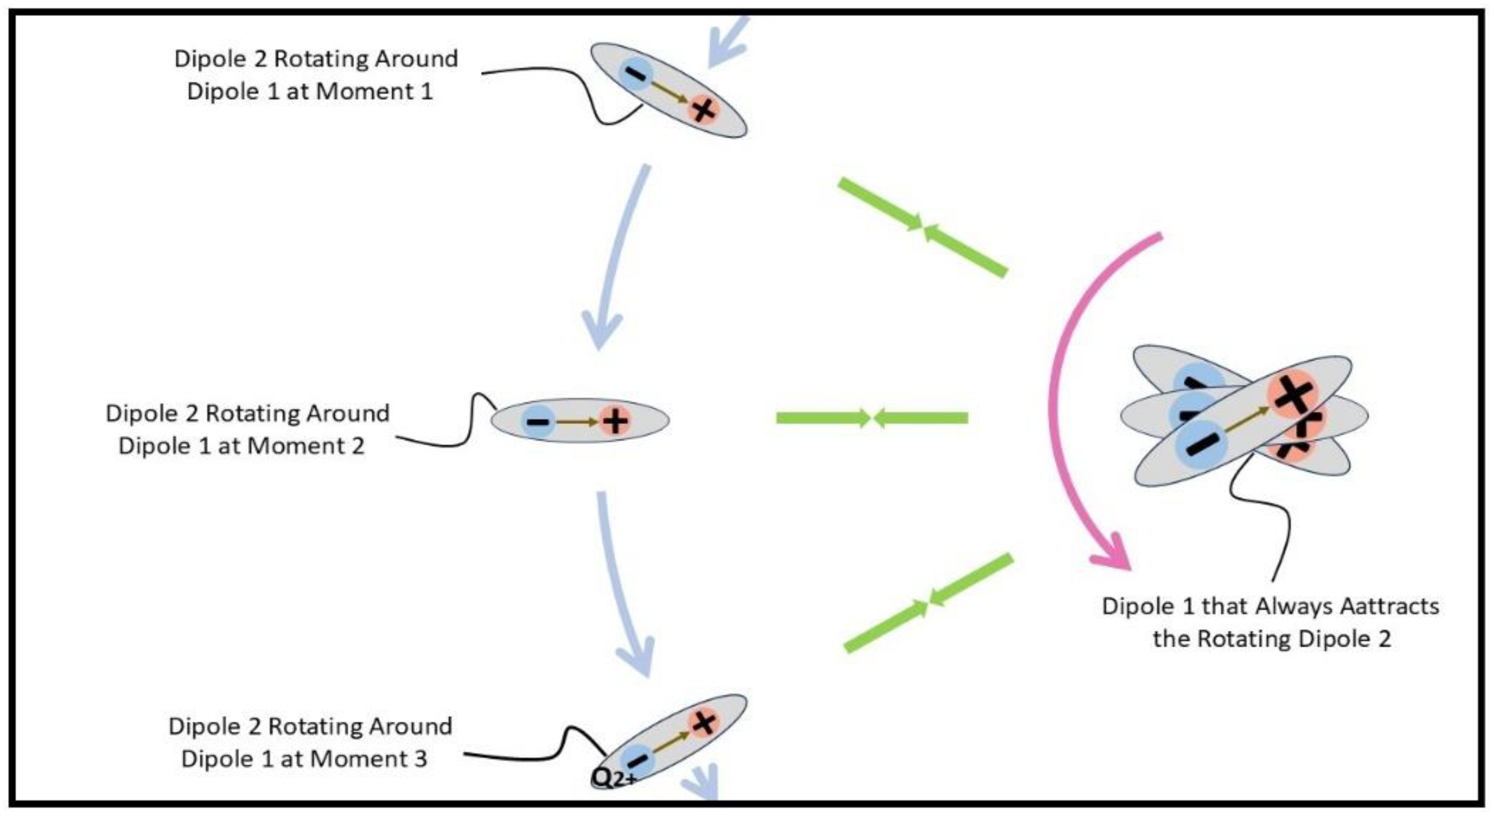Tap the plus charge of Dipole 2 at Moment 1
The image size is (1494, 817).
pyautogui.click(x=703, y=109)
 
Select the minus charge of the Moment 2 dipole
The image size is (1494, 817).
pyautogui.click(x=538, y=421)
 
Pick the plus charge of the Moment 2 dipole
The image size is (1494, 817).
pyautogui.click(x=615, y=421)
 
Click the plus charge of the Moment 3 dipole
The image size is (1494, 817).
pyautogui.click(x=704, y=722)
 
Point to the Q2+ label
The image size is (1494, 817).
pyautogui.click(x=614, y=778)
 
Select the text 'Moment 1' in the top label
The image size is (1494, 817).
pyautogui.click(x=374, y=92)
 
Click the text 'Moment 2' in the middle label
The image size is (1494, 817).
pyautogui.click(x=305, y=446)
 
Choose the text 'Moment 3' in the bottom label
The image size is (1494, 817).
pyautogui.click(x=368, y=759)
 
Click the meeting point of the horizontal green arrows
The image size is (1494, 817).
pyautogui.click(x=871, y=418)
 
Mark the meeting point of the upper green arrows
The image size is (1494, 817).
pyautogui.click(x=923, y=228)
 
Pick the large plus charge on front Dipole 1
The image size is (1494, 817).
pyautogui.click(x=1293, y=396)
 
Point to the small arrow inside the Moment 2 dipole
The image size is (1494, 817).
pyautogui.click(x=576, y=422)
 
